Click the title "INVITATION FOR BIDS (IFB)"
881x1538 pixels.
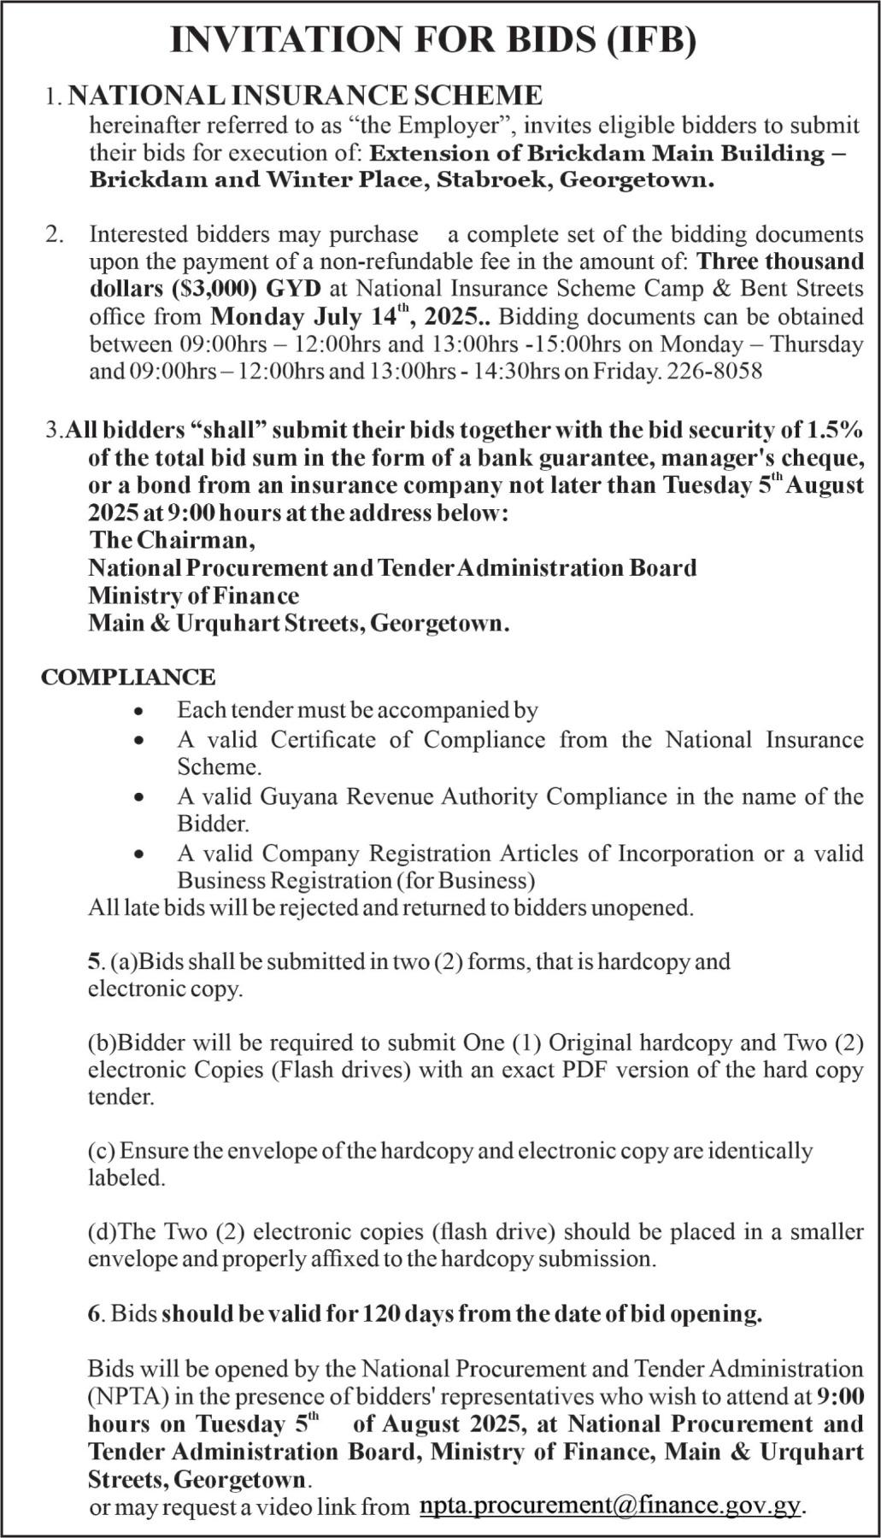click(433, 40)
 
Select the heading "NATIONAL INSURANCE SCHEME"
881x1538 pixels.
click(305, 95)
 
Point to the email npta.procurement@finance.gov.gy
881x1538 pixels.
click(611, 1506)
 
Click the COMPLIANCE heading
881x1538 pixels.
click(128, 678)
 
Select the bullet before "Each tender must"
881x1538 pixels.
click(139, 711)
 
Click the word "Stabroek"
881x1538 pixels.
click(496, 181)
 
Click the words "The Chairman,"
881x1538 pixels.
click(172, 540)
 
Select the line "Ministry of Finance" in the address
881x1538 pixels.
click(194, 596)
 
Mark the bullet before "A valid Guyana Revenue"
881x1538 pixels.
click(139, 797)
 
